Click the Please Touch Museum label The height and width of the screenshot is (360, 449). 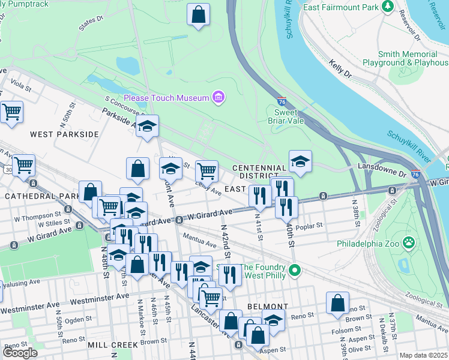(166, 98)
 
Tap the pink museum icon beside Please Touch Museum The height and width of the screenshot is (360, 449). (218, 98)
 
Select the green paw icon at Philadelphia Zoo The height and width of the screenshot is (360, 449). (409, 243)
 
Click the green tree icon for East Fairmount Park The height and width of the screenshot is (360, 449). (387, 7)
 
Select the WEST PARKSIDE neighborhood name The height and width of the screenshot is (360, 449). (64, 134)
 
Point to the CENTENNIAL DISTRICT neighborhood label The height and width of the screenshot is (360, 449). (259, 172)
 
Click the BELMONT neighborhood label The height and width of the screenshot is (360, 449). (268, 306)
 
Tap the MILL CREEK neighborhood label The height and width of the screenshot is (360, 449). (113, 345)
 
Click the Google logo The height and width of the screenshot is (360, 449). (20, 353)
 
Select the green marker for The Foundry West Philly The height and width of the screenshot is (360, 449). (294, 271)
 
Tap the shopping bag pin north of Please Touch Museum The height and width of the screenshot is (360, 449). (199, 14)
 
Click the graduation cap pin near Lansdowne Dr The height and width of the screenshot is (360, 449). (300, 161)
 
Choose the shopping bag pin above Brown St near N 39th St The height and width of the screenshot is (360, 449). (337, 303)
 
